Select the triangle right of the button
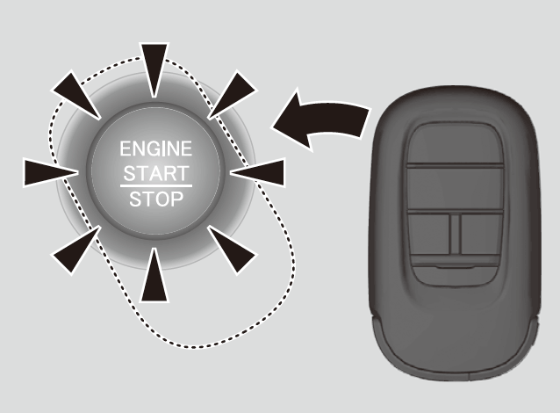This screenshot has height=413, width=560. click(x=261, y=171)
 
